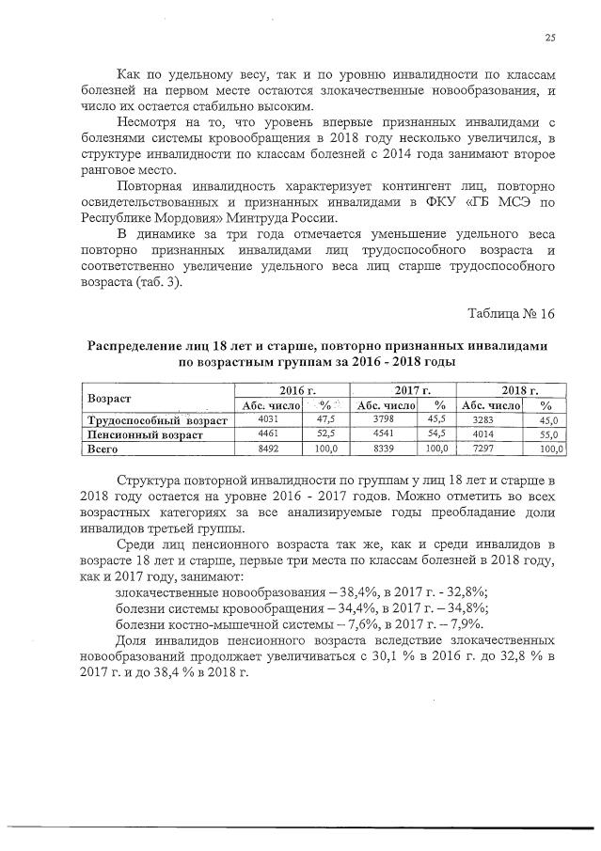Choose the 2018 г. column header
click(x=519, y=389)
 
